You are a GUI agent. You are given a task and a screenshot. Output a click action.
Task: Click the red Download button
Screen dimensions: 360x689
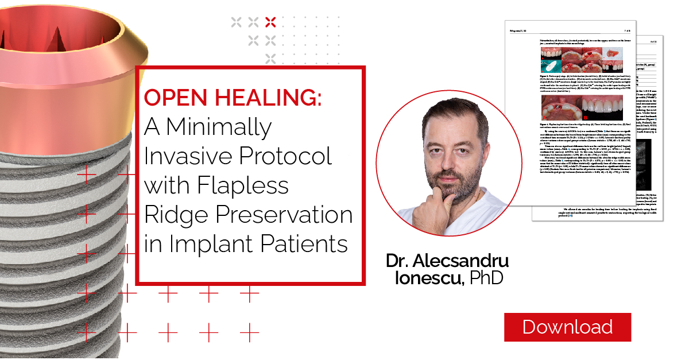(x=567, y=327)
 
